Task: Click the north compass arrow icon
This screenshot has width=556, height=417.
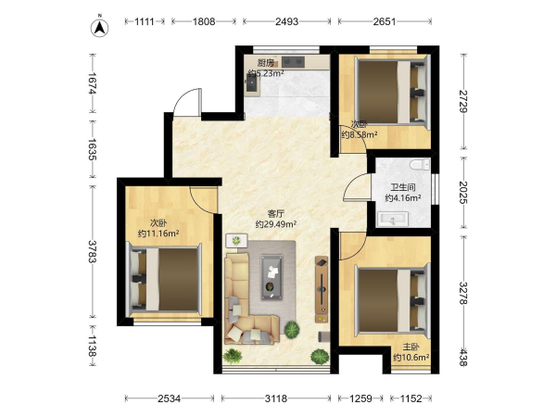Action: tap(100, 28)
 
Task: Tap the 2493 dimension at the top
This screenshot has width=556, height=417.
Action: tap(286, 21)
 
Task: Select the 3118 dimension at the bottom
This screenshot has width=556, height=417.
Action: tap(276, 398)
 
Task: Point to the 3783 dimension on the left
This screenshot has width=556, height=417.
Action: tap(92, 251)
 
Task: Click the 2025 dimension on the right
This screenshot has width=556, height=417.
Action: tap(463, 192)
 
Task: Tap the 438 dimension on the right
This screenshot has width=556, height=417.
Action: tap(463, 357)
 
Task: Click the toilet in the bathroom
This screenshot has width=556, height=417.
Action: tap(420, 165)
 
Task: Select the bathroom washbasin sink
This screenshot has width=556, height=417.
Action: tap(393, 219)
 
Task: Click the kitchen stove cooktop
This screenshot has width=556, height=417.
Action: tap(293, 62)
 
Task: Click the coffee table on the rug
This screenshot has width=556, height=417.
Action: tap(272, 277)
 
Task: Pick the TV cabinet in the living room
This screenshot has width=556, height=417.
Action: tap(322, 289)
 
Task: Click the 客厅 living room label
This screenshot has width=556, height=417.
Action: tap(275, 214)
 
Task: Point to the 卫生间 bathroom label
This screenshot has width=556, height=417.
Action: tap(403, 187)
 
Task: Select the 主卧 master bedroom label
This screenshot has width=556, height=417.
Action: tap(411, 347)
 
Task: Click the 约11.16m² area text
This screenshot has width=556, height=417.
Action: tap(158, 234)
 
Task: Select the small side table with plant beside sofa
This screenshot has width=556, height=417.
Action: tap(236, 240)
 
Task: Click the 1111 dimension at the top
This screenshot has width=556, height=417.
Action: tap(145, 21)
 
